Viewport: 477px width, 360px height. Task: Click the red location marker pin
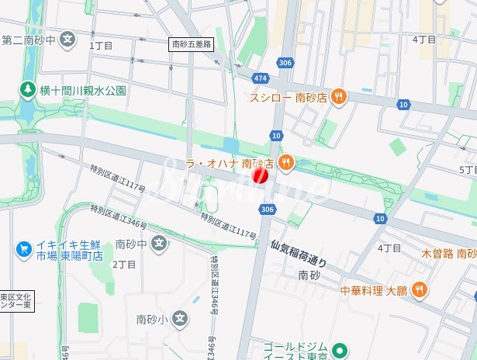point(261,176)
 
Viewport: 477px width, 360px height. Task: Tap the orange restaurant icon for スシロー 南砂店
point(337,97)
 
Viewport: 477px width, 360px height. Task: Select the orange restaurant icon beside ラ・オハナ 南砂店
point(286,163)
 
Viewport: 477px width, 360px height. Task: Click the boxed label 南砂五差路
point(191,45)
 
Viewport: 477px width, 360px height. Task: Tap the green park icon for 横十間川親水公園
point(28,90)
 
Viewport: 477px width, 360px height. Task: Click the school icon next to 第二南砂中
point(69,38)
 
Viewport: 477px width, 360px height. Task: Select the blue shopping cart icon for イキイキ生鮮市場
point(24,249)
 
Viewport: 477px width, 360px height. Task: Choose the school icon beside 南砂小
point(180,318)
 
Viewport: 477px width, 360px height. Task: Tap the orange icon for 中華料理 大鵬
point(419,290)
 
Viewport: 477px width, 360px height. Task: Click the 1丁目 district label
point(102,46)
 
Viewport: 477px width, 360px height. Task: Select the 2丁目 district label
point(124,264)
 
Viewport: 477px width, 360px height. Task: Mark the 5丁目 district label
point(468,169)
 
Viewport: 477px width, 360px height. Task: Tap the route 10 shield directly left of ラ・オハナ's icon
point(276,136)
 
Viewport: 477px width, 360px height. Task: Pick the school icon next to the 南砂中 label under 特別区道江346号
point(159,244)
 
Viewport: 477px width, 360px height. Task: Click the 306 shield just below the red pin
point(268,209)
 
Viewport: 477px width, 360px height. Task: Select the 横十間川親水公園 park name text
point(83,90)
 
